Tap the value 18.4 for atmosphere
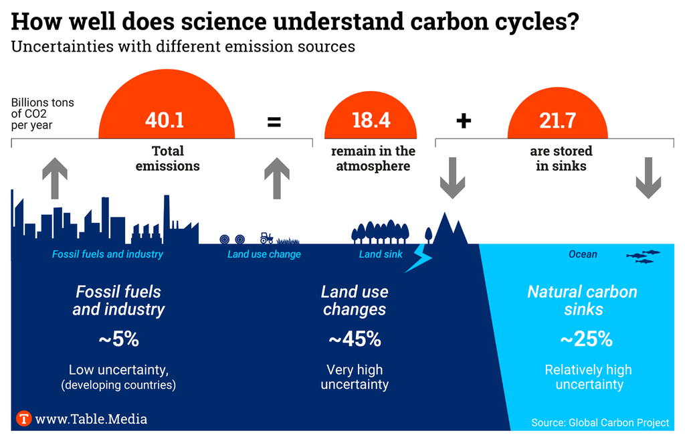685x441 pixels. point(371,120)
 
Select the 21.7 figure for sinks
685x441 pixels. point(557,120)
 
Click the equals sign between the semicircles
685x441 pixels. point(274,122)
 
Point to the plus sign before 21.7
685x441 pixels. point(464,121)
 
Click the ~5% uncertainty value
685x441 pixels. point(118,339)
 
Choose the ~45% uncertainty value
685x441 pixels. point(355,339)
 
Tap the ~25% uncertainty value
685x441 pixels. point(586,339)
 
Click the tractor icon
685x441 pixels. point(266,238)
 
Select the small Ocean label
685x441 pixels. point(583,254)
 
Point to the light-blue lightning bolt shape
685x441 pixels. point(419,258)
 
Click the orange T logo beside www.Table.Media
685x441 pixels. point(24,419)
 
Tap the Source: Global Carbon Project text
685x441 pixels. point(600,422)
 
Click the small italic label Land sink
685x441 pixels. point(381,254)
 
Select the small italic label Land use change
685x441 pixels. point(264,254)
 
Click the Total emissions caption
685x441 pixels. point(167,158)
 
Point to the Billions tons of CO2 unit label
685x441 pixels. point(42,114)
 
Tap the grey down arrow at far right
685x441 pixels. point(648,178)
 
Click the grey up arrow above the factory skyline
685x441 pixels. point(55,178)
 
